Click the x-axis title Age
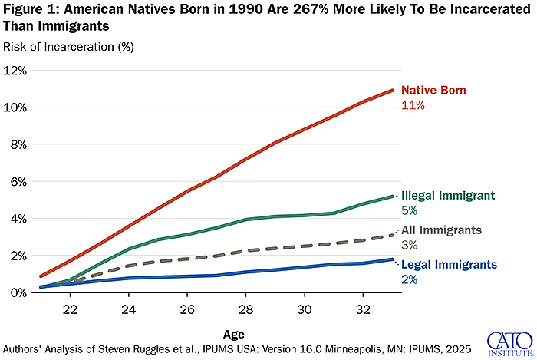click(235, 335)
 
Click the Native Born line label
click(433, 91)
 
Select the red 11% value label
click(413, 105)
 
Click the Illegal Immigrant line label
click(448, 195)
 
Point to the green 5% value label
click(410, 210)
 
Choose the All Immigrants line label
click(441, 230)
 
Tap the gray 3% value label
click(410, 244)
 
